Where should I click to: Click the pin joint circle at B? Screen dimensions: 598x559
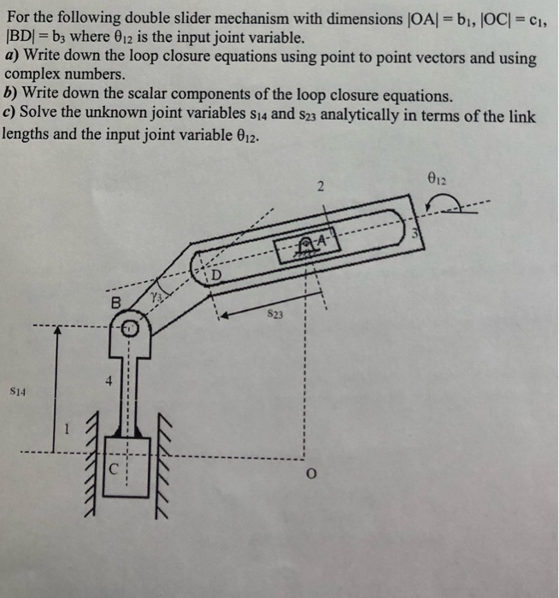pyautogui.click(x=127, y=326)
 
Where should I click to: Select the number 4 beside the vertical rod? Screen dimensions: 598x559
pyautogui.click(x=108, y=382)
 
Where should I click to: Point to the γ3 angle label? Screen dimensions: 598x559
pyautogui.click(x=155, y=296)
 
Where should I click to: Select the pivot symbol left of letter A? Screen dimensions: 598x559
pyautogui.click(x=303, y=246)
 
